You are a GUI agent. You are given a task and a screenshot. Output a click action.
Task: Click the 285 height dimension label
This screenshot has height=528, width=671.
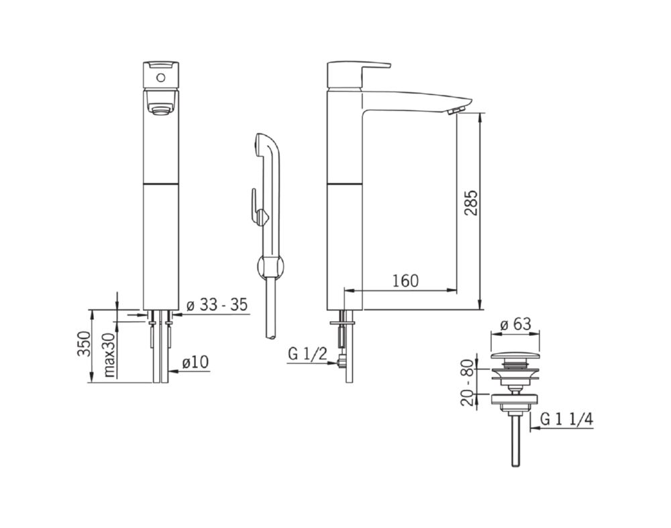coord(471,203)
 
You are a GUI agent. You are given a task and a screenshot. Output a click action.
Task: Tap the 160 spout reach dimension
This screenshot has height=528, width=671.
coord(405,281)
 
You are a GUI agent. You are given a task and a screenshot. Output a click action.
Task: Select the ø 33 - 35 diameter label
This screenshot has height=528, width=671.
coord(217,305)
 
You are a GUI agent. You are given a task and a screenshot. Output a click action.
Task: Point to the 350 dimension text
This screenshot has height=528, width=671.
coord(84,344)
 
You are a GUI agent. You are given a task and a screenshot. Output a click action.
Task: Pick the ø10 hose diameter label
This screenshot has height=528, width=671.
coord(195,362)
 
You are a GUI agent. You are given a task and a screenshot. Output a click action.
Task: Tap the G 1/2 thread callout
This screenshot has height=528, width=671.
coord(308,354)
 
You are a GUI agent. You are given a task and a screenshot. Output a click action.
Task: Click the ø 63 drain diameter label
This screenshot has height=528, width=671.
coord(515,324)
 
